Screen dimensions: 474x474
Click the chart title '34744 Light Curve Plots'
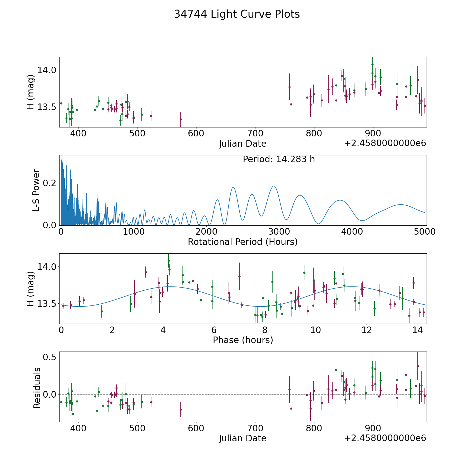pyautogui.click(x=237, y=14)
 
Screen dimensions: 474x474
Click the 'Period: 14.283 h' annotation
pyautogui.click(x=279, y=159)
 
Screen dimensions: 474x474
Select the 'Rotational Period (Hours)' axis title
pyautogui.click(x=243, y=242)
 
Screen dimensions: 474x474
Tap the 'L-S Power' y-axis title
pyautogui.click(x=36, y=190)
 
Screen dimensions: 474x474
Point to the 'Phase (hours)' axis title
pyautogui.click(x=243, y=340)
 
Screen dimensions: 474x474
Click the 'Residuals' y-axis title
pyautogui.click(x=37, y=388)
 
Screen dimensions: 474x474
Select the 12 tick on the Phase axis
pyautogui.click(x=366, y=330)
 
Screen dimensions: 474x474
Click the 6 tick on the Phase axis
pyautogui.click(x=214, y=330)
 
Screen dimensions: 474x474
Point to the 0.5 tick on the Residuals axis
pyautogui.click(x=50, y=357)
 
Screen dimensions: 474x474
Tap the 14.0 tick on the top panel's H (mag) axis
pyautogui.click(x=47, y=70)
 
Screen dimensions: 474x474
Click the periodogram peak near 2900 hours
pyautogui.click(x=274, y=186)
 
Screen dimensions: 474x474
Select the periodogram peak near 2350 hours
pyautogui.click(x=233, y=187)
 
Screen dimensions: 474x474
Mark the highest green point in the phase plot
pyautogui.click(x=169, y=261)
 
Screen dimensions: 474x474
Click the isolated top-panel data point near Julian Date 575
pyautogui.click(x=181, y=119)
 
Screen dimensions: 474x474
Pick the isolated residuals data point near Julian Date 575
pyautogui.click(x=181, y=409)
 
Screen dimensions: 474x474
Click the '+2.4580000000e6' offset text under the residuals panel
pyautogui.click(x=385, y=438)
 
